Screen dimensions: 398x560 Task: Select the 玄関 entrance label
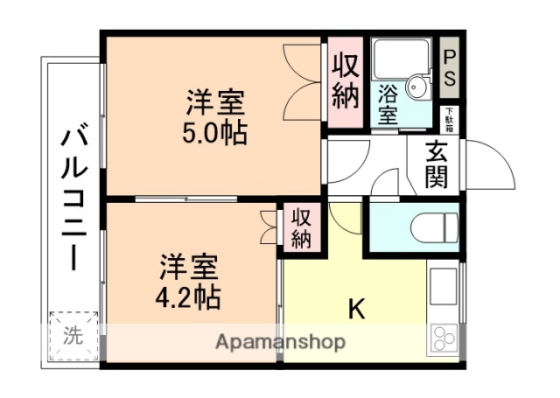(437, 164)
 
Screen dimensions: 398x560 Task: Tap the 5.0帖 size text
(215, 133)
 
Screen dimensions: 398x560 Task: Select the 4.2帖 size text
(188, 296)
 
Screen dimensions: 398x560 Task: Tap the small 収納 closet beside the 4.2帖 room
(300, 227)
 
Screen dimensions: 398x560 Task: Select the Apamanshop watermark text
(280, 341)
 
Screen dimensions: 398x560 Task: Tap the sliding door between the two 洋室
(184, 199)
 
